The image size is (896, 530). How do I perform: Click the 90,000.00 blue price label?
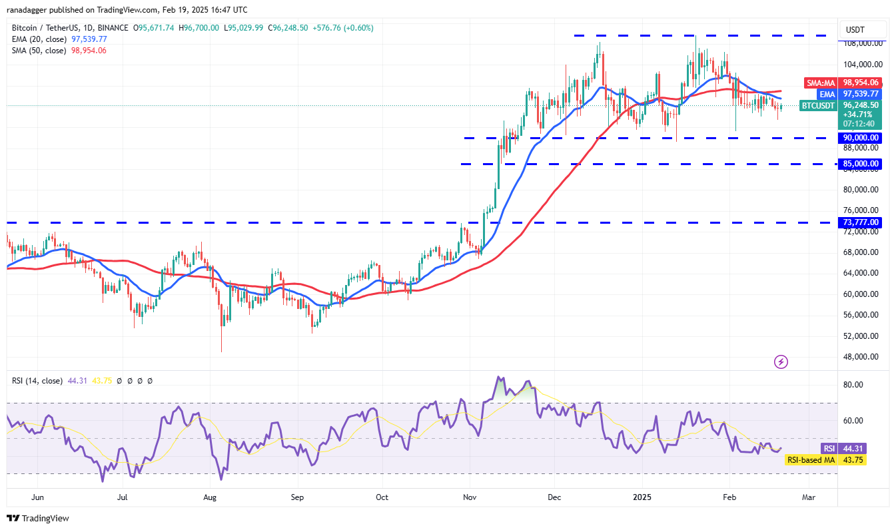click(861, 138)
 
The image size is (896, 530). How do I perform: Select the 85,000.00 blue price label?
click(861, 164)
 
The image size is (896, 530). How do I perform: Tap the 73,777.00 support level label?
click(861, 222)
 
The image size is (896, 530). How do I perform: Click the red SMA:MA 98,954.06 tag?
click(843, 83)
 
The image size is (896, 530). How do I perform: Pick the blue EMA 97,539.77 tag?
click(843, 95)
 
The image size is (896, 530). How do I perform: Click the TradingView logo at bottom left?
click(38, 518)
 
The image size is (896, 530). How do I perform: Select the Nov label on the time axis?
click(470, 497)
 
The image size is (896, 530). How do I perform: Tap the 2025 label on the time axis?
click(642, 497)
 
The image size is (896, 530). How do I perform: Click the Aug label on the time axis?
click(210, 497)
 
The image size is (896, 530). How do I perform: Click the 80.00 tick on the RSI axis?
click(853, 385)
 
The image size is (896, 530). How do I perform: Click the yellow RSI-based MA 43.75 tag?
click(825, 459)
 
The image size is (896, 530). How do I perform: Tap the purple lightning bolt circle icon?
click(781, 362)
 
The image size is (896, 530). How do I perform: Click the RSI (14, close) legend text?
click(37, 381)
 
